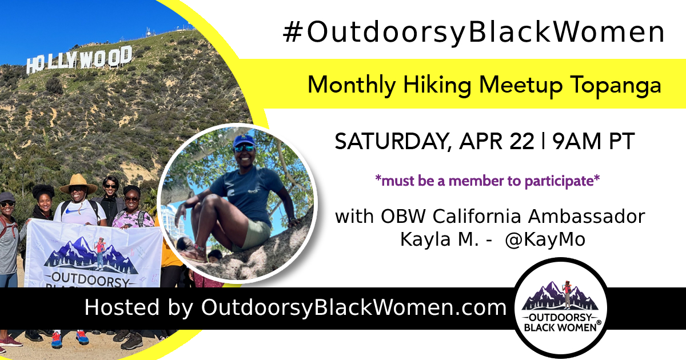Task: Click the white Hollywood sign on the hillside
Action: click(79, 59)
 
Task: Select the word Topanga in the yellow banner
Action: click(616, 85)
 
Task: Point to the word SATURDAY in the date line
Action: click(393, 142)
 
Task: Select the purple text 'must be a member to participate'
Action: click(487, 181)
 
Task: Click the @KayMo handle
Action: click(545, 239)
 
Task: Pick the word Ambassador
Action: click(587, 217)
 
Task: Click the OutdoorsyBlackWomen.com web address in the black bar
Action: click(354, 307)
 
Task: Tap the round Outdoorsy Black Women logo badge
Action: click(560, 307)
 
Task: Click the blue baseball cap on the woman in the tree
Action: click(244, 142)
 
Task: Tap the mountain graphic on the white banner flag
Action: click(91, 255)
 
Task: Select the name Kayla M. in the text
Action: click(439, 239)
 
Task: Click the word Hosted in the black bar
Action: click(122, 307)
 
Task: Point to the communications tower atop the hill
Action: click(149, 32)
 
